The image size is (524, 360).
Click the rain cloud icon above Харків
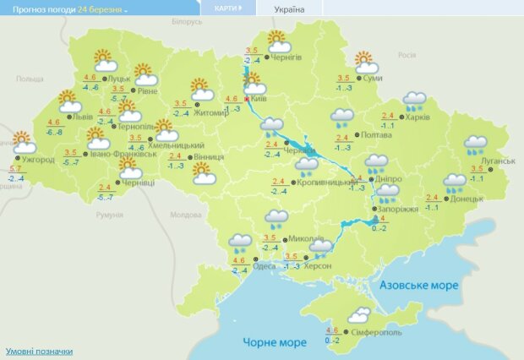414,102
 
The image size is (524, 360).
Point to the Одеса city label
264,266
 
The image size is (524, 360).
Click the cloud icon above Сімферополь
360,316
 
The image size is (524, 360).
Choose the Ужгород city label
39,159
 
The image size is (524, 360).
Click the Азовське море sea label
419,286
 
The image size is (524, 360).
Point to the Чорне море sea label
275,342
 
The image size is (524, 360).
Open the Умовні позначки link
39,351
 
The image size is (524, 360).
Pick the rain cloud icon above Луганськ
476,145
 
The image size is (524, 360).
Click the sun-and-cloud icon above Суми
365,62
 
